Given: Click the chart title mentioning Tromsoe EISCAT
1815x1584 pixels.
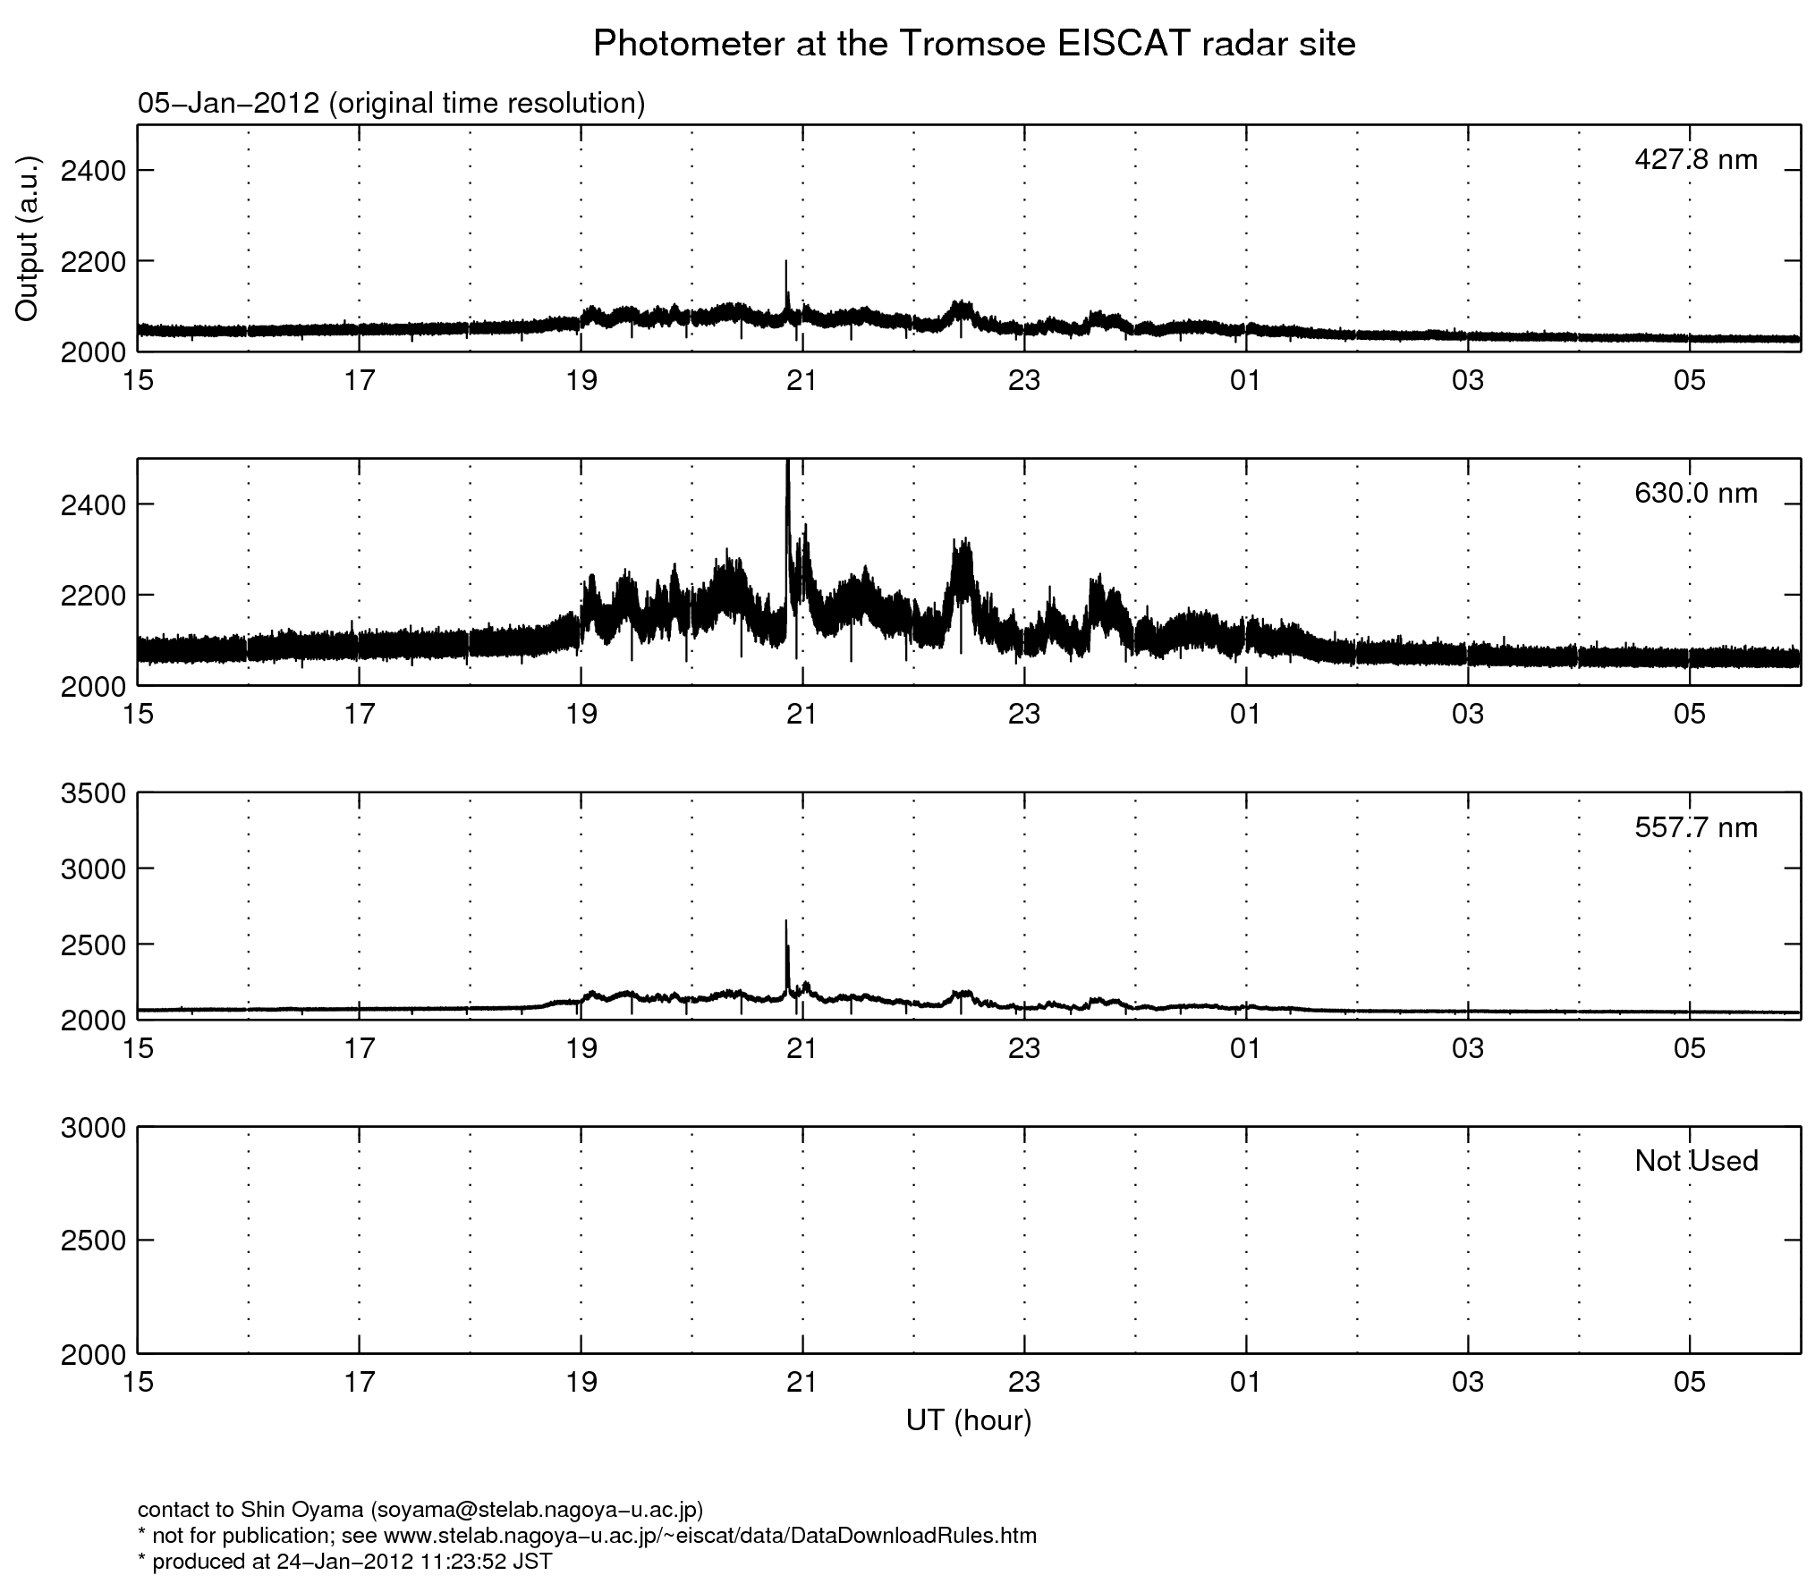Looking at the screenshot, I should click(x=974, y=43).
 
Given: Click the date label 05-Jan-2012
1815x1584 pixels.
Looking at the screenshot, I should click(x=228, y=104).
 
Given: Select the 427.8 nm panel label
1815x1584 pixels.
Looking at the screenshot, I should click(x=1695, y=159).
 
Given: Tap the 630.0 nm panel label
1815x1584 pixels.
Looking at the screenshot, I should click(x=1695, y=493).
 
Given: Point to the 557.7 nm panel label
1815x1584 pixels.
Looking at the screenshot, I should click(x=1695, y=827).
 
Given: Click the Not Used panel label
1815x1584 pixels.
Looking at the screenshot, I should click(x=1695, y=1161).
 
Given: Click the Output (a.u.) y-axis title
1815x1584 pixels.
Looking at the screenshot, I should click(x=28, y=239).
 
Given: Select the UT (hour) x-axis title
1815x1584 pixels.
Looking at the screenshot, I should click(x=968, y=1420).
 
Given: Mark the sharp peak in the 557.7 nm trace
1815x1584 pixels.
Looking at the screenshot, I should click(x=786, y=922).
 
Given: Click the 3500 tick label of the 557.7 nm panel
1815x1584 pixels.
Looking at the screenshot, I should click(x=93, y=793).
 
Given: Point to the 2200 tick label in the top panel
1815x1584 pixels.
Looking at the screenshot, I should click(x=93, y=261).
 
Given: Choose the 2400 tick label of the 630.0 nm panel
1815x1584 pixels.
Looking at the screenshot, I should click(x=93, y=504).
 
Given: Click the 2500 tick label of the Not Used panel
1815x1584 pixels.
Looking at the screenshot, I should click(x=93, y=1240).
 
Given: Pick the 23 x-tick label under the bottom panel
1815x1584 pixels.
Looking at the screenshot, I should click(x=1024, y=1383).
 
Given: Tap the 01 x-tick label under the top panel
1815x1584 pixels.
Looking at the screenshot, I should click(x=1245, y=381).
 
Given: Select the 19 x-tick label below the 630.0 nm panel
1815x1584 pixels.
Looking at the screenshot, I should click(x=581, y=715).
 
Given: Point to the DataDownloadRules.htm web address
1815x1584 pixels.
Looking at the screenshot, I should click(x=709, y=1536).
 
